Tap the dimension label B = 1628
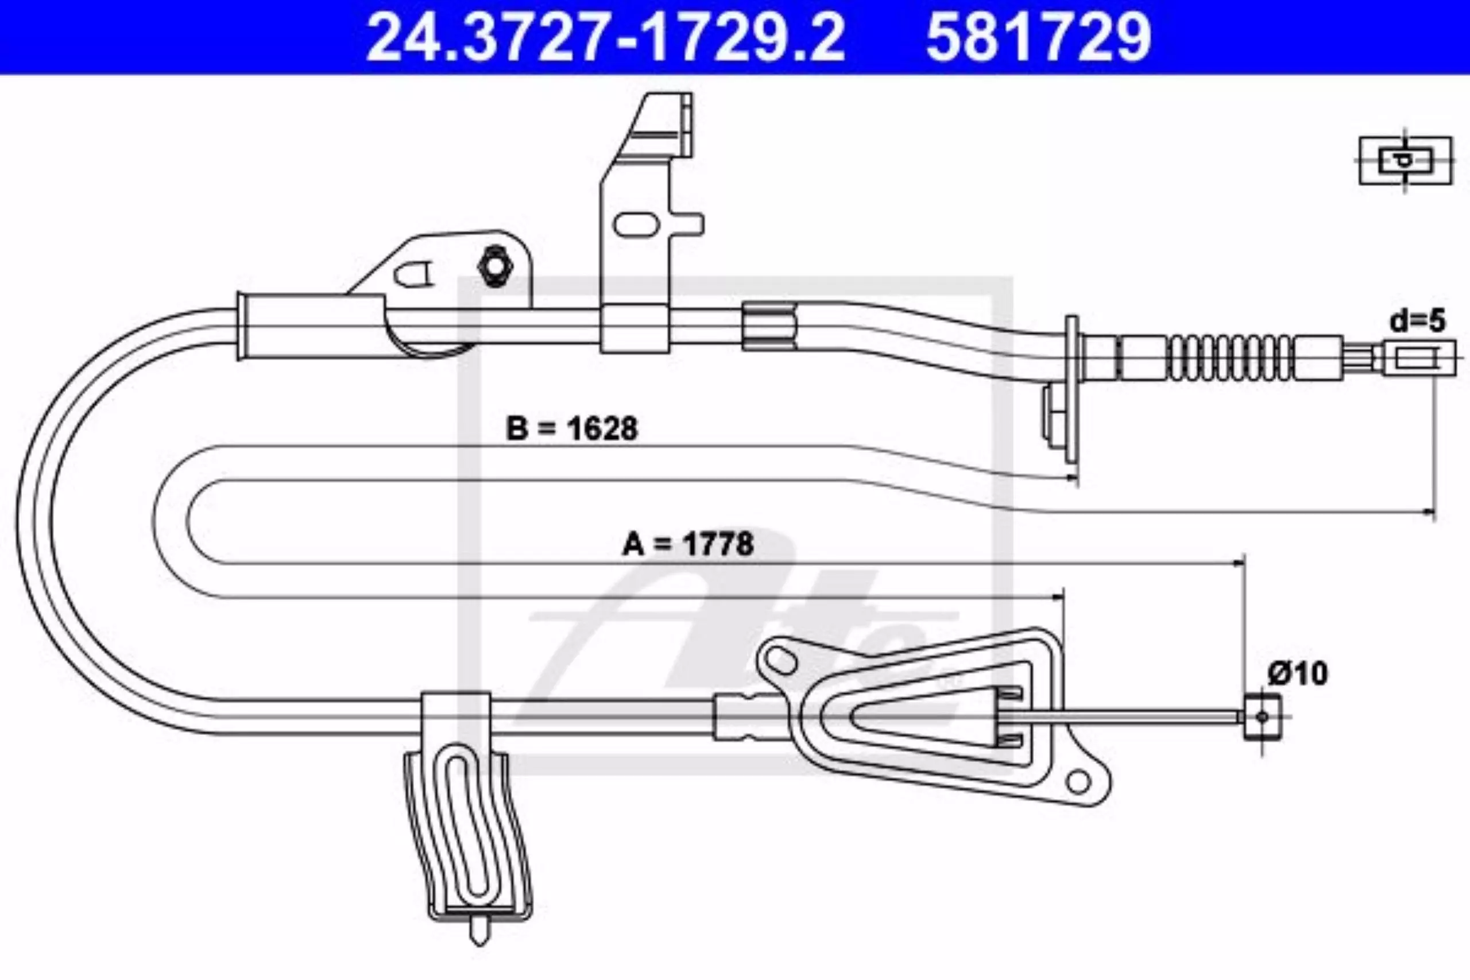pyautogui.click(x=571, y=429)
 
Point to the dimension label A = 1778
pyautogui.click(x=687, y=544)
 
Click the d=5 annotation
pyautogui.click(x=1418, y=321)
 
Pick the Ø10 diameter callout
pyautogui.click(x=1298, y=674)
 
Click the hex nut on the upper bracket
pyautogui.click(x=494, y=267)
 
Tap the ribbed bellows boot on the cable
pyautogui.click(x=1230, y=358)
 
